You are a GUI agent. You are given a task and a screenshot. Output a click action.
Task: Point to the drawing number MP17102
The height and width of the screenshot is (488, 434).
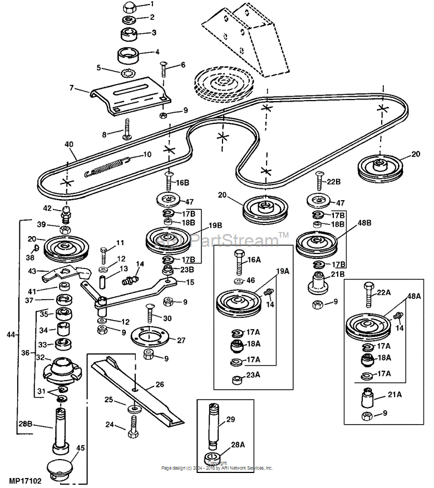(x=25, y=479)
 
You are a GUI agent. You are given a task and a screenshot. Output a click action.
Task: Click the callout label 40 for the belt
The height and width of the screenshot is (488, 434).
(x=68, y=144)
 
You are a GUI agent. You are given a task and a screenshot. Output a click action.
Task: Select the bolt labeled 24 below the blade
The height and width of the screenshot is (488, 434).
(x=132, y=431)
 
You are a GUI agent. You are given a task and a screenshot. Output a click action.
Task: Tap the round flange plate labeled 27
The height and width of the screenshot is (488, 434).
(x=151, y=335)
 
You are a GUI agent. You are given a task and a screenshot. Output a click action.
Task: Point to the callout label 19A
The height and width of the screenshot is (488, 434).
(x=283, y=272)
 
